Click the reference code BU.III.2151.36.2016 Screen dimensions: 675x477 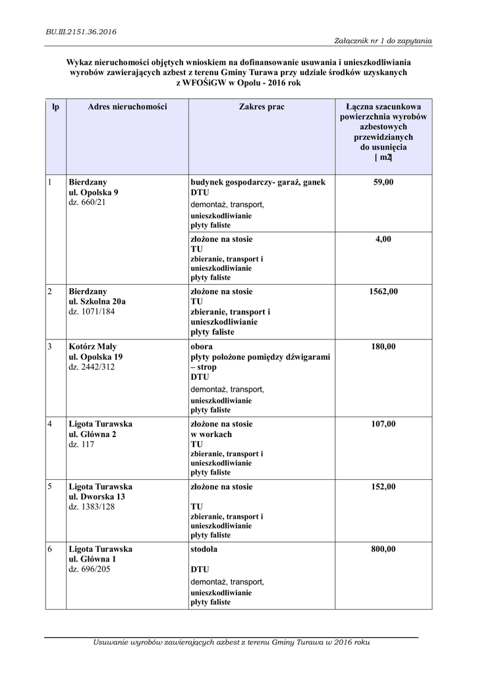click(x=72, y=30)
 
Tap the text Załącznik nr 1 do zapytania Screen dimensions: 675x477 click(x=383, y=41)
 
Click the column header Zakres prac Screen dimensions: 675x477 click(x=262, y=106)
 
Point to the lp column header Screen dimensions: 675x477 click(x=55, y=106)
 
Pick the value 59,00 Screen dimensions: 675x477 click(x=383, y=182)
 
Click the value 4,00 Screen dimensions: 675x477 click(x=383, y=239)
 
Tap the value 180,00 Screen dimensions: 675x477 click(x=383, y=346)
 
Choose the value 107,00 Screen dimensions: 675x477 click(x=383, y=424)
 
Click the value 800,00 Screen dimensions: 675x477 click(x=383, y=548)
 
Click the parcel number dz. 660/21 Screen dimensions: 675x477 click(x=88, y=203)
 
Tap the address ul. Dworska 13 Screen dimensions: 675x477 click(x=97, y=496)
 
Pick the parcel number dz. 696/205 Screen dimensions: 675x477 click(x=90, y=569)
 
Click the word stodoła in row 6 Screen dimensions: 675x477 click(x=204, y=548)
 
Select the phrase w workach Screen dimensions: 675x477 click(x=211, y=434)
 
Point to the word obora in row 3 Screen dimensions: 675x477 click(x=202, y=346)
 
